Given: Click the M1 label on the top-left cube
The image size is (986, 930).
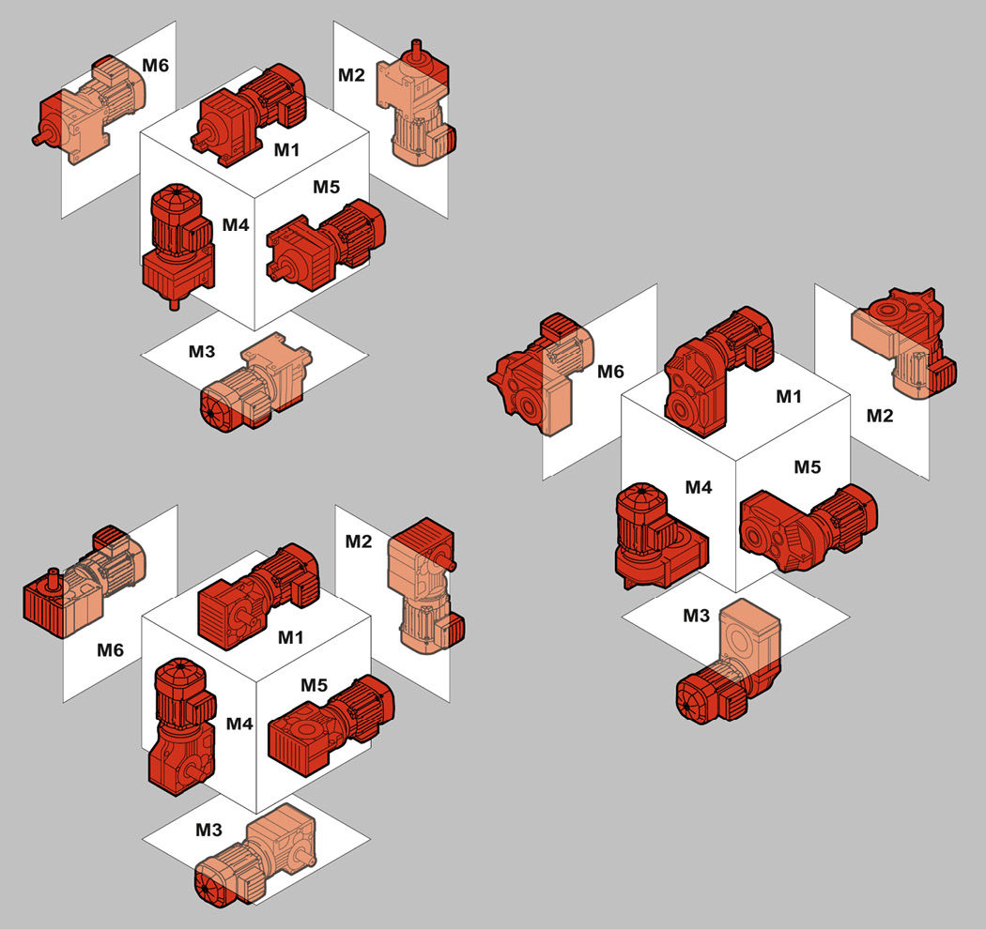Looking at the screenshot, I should (287, 148).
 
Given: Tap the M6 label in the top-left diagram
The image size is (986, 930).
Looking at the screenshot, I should (156, 66).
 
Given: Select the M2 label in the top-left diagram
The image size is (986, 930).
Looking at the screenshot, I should (352, 74).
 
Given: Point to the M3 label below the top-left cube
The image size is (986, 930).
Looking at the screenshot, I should (202, 352).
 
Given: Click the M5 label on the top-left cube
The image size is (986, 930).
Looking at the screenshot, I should (326, 187).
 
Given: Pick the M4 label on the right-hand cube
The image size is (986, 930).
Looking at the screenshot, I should (699, 487).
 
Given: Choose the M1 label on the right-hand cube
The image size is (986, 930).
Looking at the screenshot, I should (790, 397).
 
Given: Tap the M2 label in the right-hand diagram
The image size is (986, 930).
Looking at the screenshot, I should (880, 416).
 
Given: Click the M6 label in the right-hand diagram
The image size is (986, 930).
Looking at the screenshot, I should (610, 372).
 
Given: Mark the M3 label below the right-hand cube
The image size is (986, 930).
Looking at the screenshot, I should (697, 616).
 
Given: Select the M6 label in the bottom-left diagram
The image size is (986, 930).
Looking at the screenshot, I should (111, 648).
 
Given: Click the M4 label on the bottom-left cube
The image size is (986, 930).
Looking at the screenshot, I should (239, 724).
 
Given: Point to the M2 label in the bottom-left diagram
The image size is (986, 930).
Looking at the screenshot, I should (359, 541).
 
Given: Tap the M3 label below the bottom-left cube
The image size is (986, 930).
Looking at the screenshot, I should (208, 830).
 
